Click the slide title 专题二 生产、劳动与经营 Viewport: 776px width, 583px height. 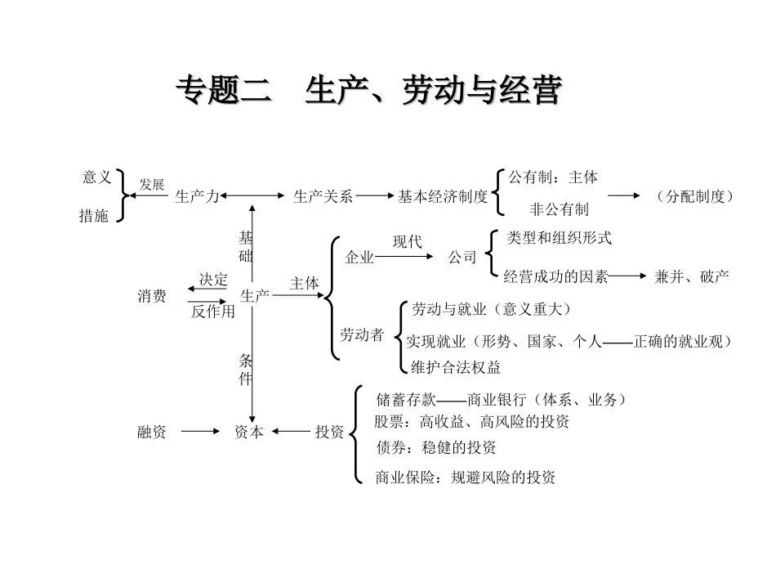(369, 92)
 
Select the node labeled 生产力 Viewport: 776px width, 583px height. (198, 196)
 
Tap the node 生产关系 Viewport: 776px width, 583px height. (323, 196)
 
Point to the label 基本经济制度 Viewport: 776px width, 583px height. (443, 196)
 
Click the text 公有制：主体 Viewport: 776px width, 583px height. (553, 177)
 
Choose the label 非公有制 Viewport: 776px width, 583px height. (560, 209)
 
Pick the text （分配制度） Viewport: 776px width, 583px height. (695, 196)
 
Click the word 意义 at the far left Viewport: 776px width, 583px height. (96, 177)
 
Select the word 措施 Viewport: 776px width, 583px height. (94, 217)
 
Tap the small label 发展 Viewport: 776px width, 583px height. (152, 185)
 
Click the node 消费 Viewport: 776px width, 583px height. (152, 296)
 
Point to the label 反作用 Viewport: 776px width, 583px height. (213, 312)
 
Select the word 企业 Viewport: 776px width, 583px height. (359, 258)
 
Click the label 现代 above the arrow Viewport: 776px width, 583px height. (408, 242)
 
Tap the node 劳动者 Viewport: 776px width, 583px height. (362, 334)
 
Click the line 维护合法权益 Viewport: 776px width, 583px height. (456, 367)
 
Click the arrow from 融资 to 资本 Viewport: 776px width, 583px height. (200, 432)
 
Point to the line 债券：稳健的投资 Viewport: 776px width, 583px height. (435, 447)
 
